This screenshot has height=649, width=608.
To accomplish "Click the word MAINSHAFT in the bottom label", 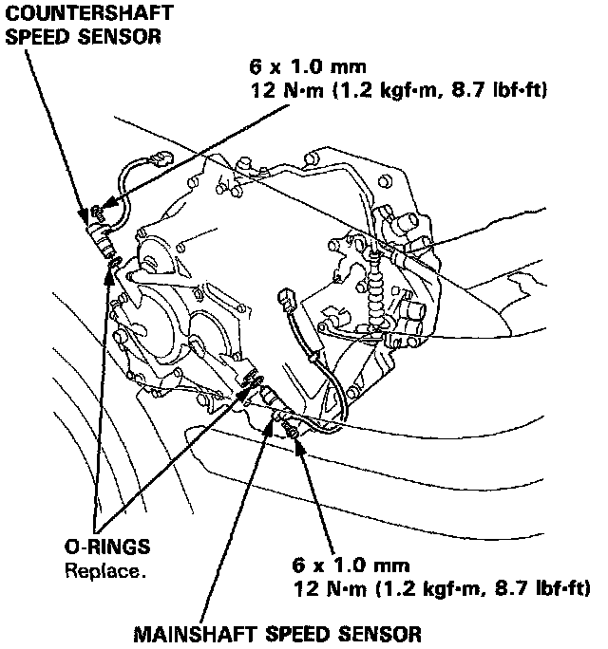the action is (180, 631).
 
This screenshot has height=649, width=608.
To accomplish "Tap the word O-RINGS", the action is (107, 549).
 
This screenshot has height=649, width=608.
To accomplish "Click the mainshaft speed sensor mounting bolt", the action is (291, 432).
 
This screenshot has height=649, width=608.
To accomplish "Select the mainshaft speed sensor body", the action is (268, 398).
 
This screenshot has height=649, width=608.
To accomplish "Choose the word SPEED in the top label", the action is (42, 35).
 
